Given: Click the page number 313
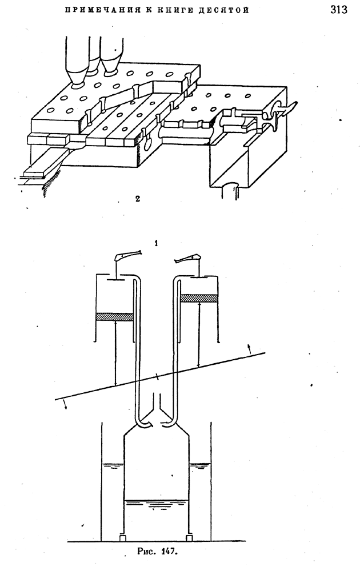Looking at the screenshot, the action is (x=338, y=10).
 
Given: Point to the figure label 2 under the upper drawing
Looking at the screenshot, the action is (x=137, y=199).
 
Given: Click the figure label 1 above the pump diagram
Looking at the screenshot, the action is (x=156, y=244).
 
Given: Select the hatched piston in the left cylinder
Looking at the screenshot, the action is (x=114, y=317).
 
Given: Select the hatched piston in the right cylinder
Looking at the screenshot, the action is (x=199, y=297).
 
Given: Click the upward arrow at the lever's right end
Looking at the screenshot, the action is (x=250, y=348).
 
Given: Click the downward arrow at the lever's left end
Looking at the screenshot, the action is (x=66, y=404).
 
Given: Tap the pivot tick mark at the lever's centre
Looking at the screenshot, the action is (x=157, y=377).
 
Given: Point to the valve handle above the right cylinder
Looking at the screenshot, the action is (x=188, y=258).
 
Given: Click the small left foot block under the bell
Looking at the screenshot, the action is (x=123, y=537).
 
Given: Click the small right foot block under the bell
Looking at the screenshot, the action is (x=189, y=537).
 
